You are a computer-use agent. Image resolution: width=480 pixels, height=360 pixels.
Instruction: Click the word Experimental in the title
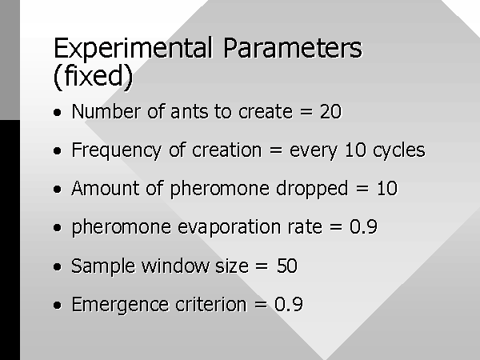(133, 48)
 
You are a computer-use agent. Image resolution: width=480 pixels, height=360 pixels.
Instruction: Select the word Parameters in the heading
(293, 47)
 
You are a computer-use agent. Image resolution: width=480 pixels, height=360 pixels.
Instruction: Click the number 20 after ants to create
(330, 111)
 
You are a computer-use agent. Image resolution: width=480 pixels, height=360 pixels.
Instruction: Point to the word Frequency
(116, 151)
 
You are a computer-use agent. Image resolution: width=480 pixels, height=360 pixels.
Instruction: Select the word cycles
(399, 151)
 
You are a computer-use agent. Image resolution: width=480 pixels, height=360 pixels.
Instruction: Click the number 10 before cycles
(355, 150)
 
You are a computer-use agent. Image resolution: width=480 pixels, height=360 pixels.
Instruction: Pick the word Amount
(106, 188)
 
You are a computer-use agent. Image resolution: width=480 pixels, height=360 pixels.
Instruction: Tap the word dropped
(312, 189)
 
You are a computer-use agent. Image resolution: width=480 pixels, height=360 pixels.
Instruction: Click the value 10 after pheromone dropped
(387, 188)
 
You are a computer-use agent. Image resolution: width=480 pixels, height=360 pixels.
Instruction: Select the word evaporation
(229, 228)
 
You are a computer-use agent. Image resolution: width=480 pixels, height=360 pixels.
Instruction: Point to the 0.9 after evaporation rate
(363, 227)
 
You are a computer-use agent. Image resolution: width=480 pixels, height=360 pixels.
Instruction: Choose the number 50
(286, 266)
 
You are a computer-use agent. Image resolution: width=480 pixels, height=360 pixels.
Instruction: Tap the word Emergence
(120, 306)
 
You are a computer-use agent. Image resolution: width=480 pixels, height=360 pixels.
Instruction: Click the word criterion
(211, 304)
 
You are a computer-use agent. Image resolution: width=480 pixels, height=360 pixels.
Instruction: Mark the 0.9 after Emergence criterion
(289, 304)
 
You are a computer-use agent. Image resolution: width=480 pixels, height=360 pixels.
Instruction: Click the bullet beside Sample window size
(58, 266)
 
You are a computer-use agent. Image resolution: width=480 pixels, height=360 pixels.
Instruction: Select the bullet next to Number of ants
(58, 112)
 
